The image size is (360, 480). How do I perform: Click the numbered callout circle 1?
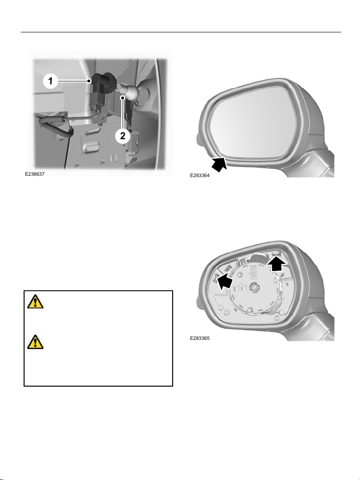[50, 81]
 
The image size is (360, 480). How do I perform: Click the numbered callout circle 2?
[123, 135]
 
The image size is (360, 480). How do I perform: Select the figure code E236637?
[35, 174]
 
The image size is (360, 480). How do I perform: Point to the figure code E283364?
[200, 176]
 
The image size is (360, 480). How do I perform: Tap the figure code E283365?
[200, 338]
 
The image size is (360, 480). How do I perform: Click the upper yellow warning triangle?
[35, 302]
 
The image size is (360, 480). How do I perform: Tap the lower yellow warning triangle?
[35, 342]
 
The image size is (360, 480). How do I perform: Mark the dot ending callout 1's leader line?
[89, 81]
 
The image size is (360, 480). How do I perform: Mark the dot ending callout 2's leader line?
[123, 98]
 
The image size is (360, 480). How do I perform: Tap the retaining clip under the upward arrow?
[277, 253]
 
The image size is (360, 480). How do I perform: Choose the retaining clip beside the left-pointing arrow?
[215, 278]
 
